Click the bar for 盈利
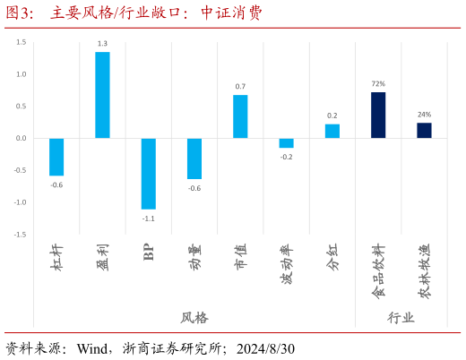(x=102, y=95)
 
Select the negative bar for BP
(x=148, y=174)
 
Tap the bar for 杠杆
(x=56, y=157)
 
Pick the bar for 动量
(x=194, y=159)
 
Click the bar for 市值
(x=240, y=116)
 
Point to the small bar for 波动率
(x=286, y=143)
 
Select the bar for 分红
(x=332, y=131)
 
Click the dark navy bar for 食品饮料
(x=378, y=115)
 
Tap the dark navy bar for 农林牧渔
(x=424, y=131)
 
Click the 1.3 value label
(x=102, y=44)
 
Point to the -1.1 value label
(x=148, y=219)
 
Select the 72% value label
(x=378, y=84)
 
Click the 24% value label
(x=424, y=115)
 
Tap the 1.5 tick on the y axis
(x=21, y=42)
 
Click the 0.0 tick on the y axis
(x=21, y=138)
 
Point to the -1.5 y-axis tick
(x=20, y=235)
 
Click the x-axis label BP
(x=149, y=252)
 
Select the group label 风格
(x=194, y=318)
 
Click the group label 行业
(x=401, y=318)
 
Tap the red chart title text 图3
(x=20, y=13)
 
